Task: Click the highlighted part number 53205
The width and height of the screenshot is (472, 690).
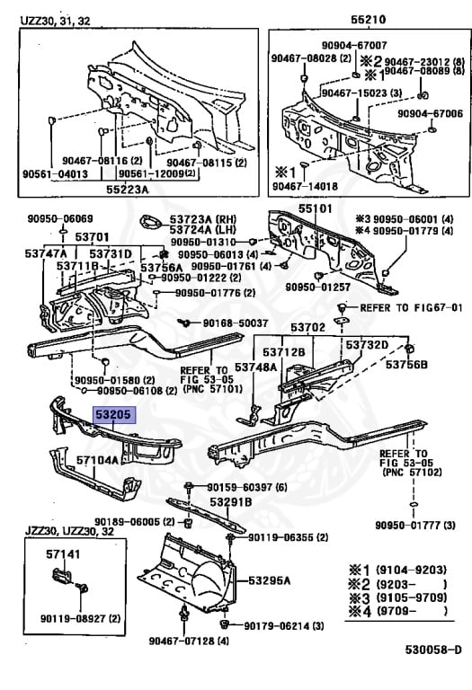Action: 113,414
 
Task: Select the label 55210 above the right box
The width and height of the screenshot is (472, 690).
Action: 368,20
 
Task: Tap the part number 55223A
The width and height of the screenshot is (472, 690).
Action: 127,190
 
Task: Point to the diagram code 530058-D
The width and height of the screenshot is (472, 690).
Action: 433,650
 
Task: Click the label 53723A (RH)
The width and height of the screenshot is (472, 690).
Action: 203,218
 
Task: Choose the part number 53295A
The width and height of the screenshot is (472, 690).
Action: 269,580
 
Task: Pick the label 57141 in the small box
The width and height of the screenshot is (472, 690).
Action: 64,554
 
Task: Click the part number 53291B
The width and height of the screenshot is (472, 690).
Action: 230,501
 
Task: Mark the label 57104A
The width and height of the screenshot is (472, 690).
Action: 97,460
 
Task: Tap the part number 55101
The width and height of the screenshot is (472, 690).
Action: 316,208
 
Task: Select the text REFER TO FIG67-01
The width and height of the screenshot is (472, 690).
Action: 411,307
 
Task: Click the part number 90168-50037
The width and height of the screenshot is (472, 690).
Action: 236,323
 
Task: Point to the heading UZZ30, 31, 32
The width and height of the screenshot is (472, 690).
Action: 55,21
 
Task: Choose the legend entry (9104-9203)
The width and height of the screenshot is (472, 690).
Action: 411,570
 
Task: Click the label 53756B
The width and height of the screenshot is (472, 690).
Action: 407,365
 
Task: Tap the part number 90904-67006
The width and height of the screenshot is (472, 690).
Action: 430,113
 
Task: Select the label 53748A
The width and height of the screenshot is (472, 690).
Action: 256,367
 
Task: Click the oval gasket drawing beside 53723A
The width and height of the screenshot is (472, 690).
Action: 151,222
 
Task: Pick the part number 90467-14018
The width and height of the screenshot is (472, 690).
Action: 305,186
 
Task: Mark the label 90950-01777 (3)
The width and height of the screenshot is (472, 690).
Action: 415,525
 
